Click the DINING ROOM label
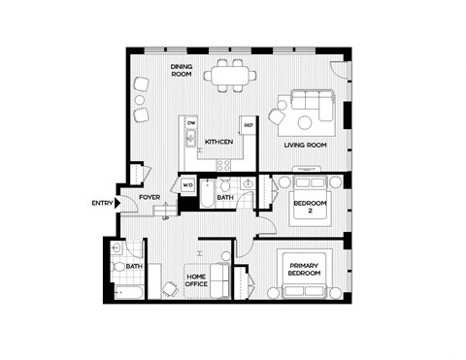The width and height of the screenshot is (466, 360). point(183,71)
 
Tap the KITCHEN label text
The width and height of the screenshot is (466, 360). point(219,143)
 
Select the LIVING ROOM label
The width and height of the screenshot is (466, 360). point(305,146)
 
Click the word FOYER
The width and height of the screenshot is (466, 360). point(149,197)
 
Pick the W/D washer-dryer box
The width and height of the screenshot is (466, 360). point(188,184)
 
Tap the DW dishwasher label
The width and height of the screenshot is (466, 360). point(192,125)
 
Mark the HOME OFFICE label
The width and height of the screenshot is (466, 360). point(201,281)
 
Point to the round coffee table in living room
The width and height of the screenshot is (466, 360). point(307,123)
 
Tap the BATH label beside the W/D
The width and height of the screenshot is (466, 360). point(225,198)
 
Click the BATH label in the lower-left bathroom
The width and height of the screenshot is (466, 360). point(134,266)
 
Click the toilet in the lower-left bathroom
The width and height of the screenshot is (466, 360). point(117,266)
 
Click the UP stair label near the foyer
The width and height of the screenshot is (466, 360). point(166,219)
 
